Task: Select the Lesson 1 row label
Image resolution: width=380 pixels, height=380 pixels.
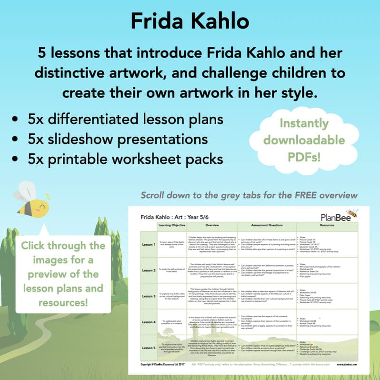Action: (x=149, y=244)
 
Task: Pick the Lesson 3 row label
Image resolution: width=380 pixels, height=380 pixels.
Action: (x=149, y=296)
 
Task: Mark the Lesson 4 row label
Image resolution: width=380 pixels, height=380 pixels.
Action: (x=149, y=322)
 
